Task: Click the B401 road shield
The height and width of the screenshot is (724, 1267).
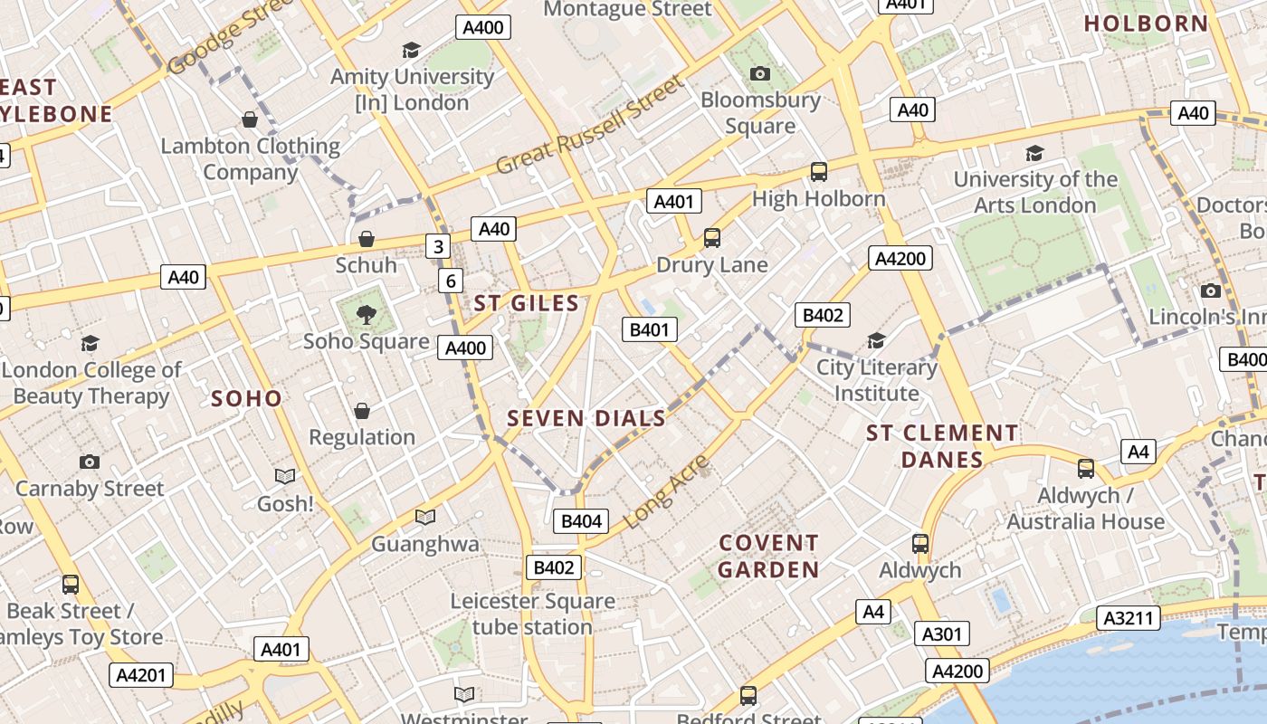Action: click(650, 329)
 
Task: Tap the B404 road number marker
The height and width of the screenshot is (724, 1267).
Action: click(581, 520)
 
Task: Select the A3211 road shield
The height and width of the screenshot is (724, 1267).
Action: click(1129, 618)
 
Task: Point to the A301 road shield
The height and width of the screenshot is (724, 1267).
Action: click(941, 633)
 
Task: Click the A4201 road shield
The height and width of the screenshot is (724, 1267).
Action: click(142, 674)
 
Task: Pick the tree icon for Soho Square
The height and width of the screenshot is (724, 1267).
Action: click(366, 315)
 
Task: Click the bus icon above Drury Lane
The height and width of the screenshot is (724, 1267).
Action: click(712, 238)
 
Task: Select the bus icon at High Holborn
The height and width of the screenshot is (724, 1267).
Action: click(819, 171)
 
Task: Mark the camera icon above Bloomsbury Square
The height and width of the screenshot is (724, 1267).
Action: click(760, 73)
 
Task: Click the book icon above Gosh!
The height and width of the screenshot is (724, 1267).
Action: click(285, 476)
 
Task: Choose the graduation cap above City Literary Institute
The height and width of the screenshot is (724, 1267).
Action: click(876, 340)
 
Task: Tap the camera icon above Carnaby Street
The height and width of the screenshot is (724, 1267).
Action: click(89, 462)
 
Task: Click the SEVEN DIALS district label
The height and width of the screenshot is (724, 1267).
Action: click(586, 418)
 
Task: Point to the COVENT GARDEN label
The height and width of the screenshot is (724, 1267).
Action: click(768, 556)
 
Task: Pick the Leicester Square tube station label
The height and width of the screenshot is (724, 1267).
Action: click(532, 614)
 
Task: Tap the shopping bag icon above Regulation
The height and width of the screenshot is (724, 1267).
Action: click(362, 411)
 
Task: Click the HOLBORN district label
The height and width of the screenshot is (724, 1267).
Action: click(1146, 24)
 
